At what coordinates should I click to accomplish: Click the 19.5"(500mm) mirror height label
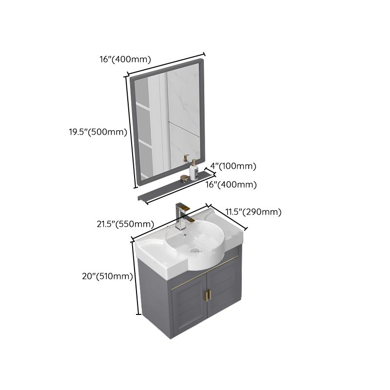click(x=97, y=132)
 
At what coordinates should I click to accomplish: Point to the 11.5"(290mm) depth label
click(x=253, y=212)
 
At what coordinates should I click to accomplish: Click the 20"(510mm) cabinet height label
click(x=108, y=276)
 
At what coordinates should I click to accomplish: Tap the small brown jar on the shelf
click(x=184, y=178)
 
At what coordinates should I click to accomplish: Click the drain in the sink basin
click(x=195, y=250)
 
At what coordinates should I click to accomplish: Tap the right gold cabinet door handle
click(x=211, y=294)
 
